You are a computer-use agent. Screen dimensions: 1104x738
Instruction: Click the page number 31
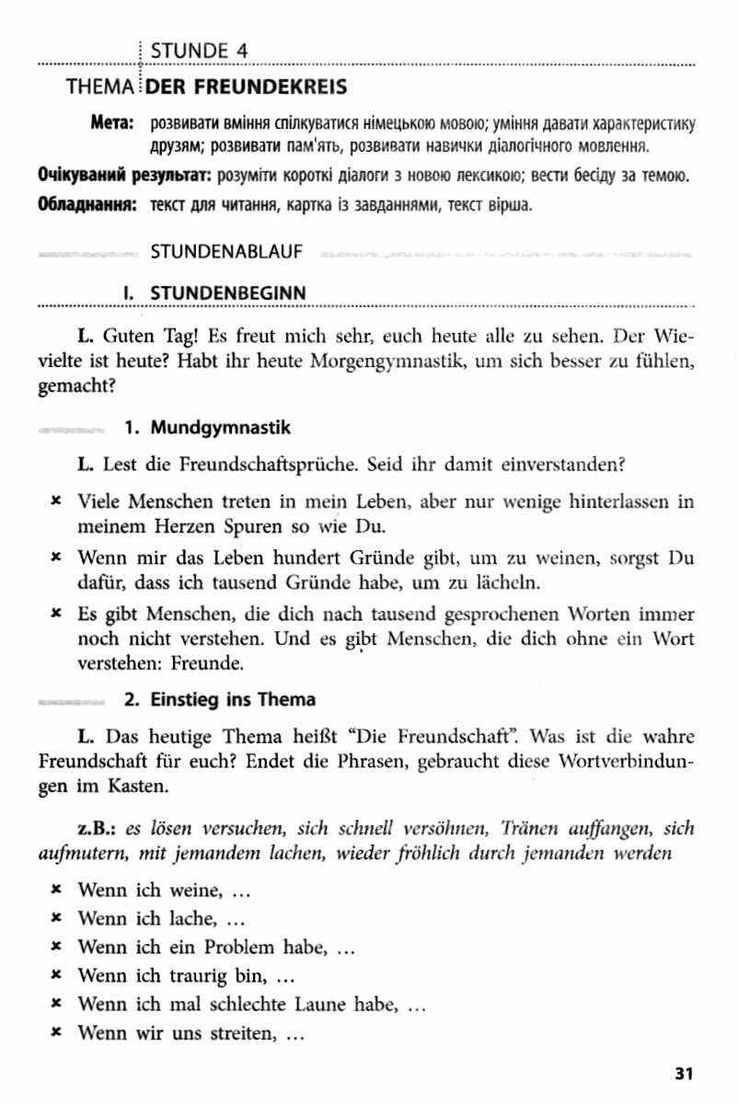coord(683,1073)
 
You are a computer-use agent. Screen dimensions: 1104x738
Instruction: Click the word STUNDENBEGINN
coord(227,292)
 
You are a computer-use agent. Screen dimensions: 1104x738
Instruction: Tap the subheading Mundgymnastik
coord(220,428)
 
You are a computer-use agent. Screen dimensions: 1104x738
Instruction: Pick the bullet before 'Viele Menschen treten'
coord(56,502)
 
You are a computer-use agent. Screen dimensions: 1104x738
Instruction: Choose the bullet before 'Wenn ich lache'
coord(56,918)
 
